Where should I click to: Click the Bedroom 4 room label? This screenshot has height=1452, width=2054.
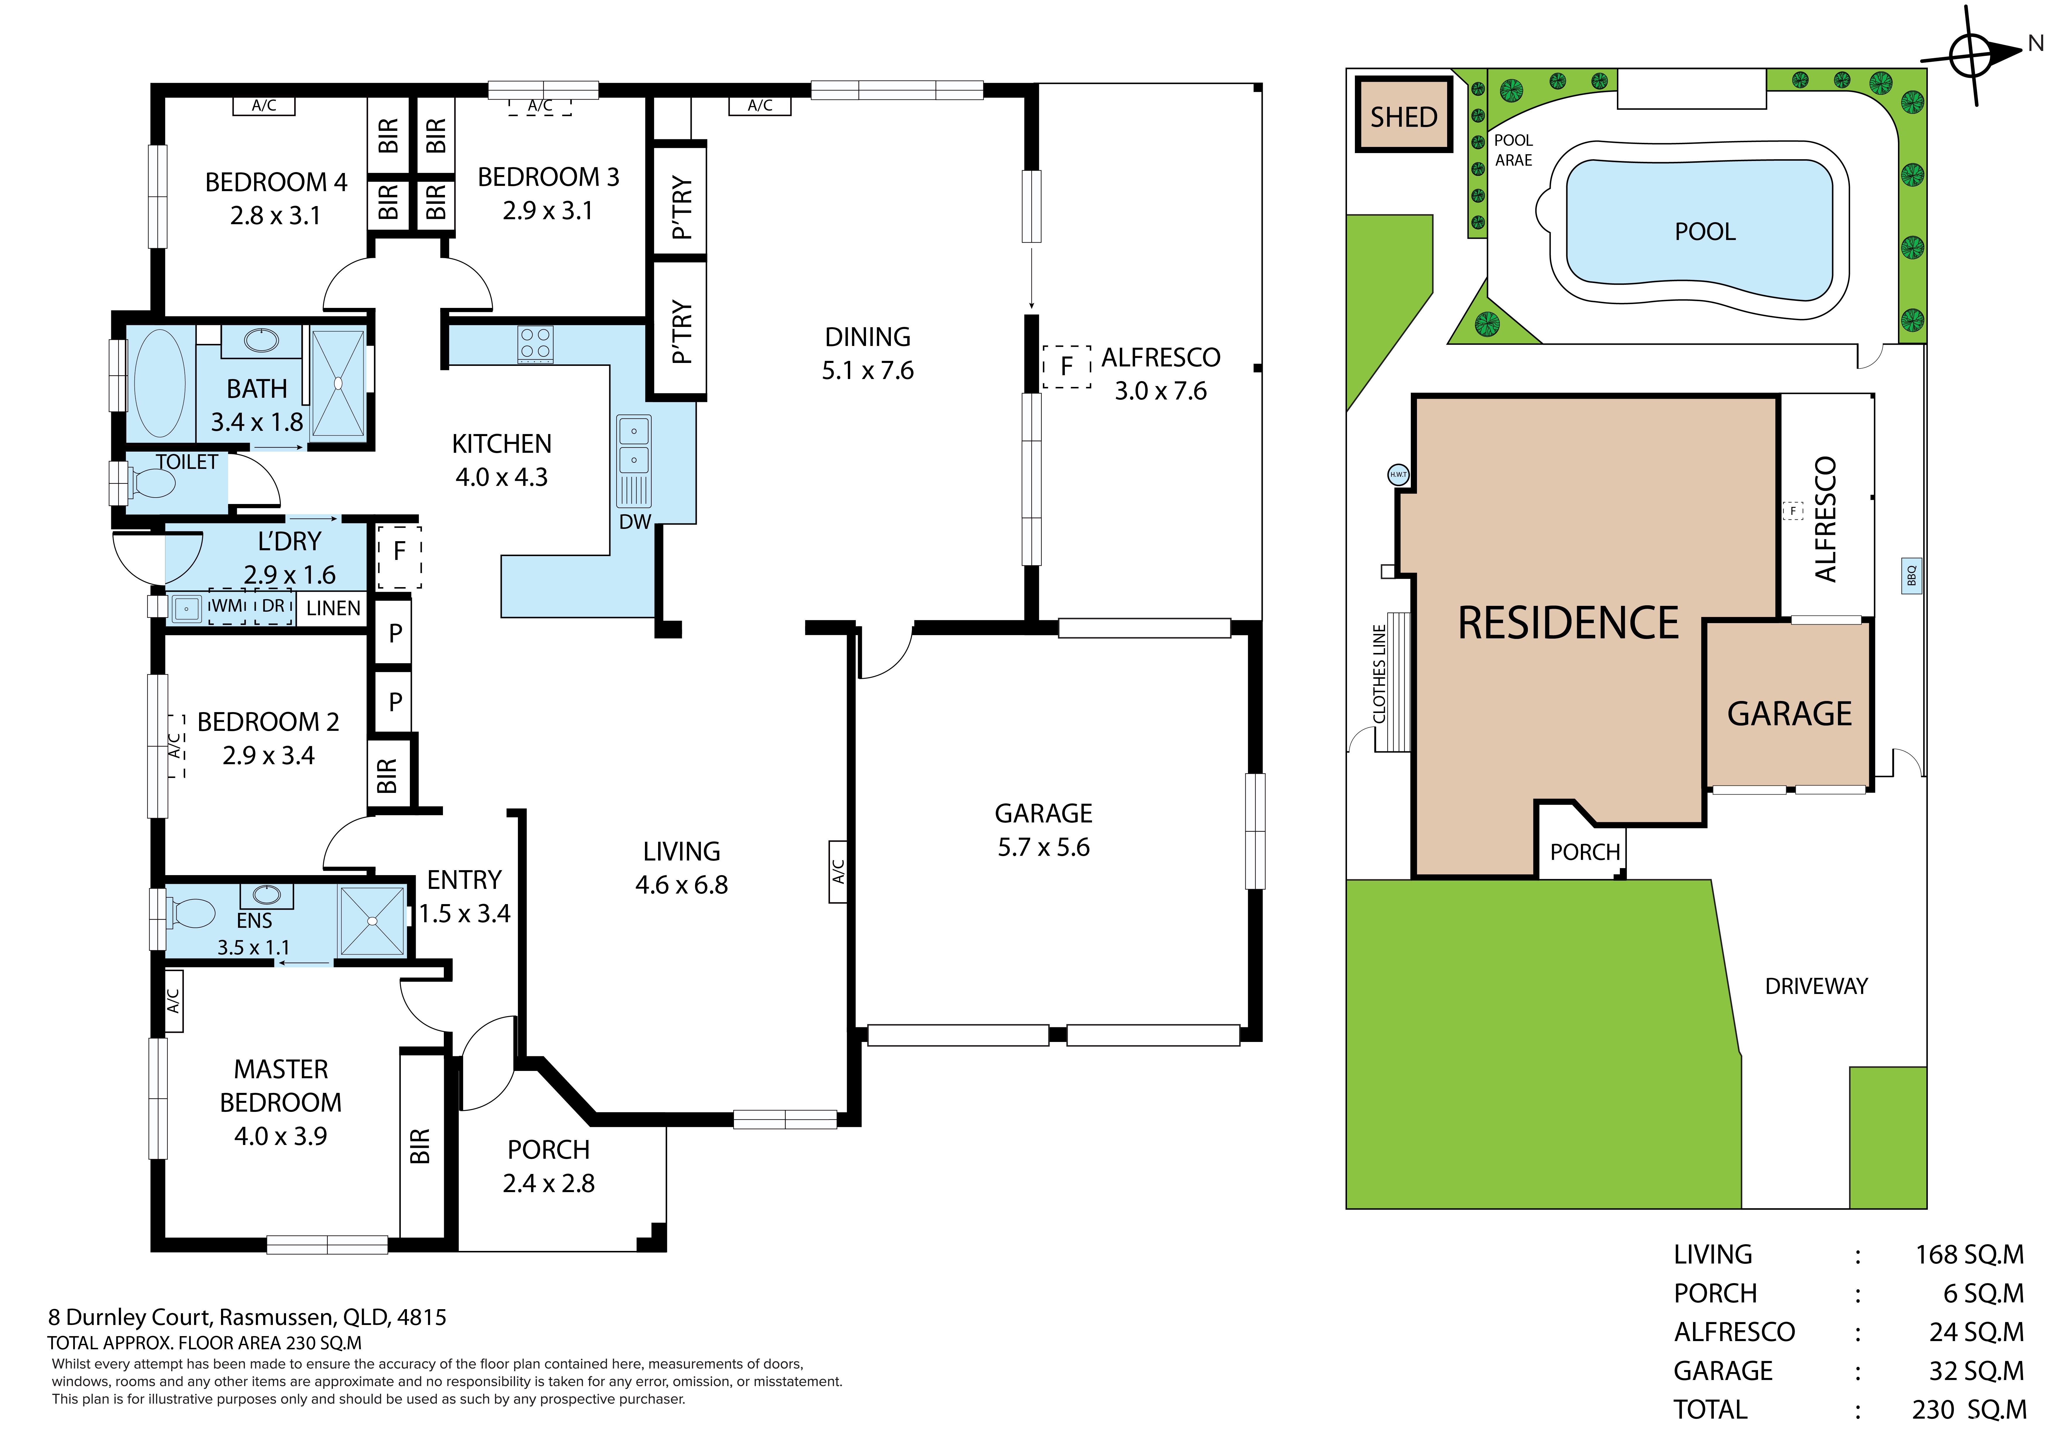(x=275, y=183)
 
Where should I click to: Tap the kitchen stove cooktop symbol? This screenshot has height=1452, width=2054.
(x=535, y=344)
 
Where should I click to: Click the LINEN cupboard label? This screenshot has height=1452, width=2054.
(x=333, y=608)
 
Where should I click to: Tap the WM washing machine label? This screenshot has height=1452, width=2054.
(x=227, y=606)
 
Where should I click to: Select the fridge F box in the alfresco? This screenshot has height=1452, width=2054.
(x=1066, y=367)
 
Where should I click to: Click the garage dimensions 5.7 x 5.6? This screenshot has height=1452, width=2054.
(x=1044, y=847)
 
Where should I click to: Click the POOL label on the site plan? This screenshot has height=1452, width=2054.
(x=1705, y=232)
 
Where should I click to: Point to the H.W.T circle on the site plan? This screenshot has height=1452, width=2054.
(x=1398, y=475)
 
